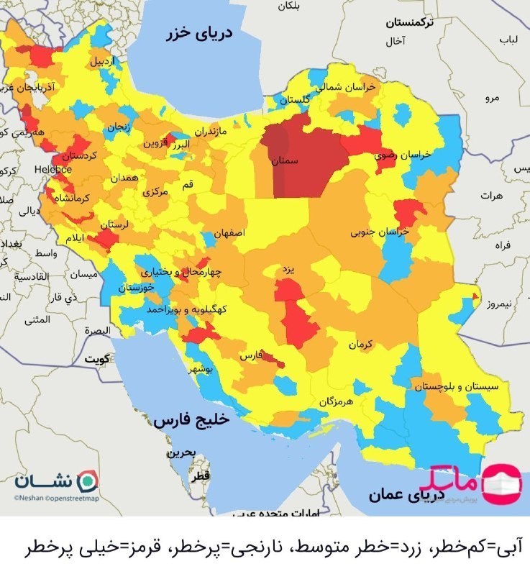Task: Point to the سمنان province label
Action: click(x=285, y=163)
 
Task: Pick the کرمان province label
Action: click(x=362, y=345)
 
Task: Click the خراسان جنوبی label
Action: click(x=380, y=232)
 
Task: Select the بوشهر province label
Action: click(x=201, y=369)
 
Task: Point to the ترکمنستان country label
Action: click(x=409, y=22)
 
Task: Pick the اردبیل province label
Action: click(x=101, y=61)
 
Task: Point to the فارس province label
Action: click(x=250, y=356)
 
